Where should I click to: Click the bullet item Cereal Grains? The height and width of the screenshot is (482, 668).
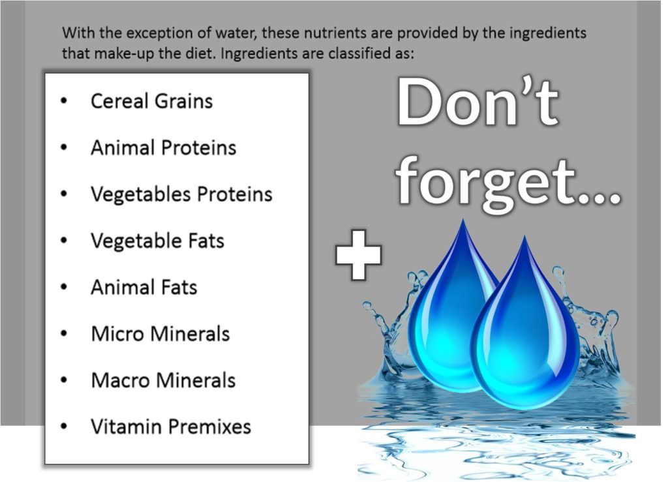coord(151,101)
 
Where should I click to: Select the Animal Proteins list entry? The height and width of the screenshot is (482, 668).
coord(164,148)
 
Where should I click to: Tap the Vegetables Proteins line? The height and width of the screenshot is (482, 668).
coord(181,194)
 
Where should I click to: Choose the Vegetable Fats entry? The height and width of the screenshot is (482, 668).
coord(157,241)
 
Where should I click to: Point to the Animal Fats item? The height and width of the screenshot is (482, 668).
coord(144,287)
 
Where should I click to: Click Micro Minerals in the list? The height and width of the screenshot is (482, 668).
coord(160,333)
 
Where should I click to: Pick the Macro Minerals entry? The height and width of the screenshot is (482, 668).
coord(163,380)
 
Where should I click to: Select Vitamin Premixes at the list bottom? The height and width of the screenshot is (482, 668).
coord(171,426)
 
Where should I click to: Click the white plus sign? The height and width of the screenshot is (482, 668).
coord(358,256)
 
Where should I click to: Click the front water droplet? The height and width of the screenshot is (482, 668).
coord(525,332)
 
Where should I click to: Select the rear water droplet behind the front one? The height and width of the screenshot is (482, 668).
coord(448,307)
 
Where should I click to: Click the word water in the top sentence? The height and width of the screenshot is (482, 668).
coord(235,33)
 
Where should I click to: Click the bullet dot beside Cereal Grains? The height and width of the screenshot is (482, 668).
coord(64,101)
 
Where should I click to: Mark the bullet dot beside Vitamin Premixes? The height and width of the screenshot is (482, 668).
coord(64,426)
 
